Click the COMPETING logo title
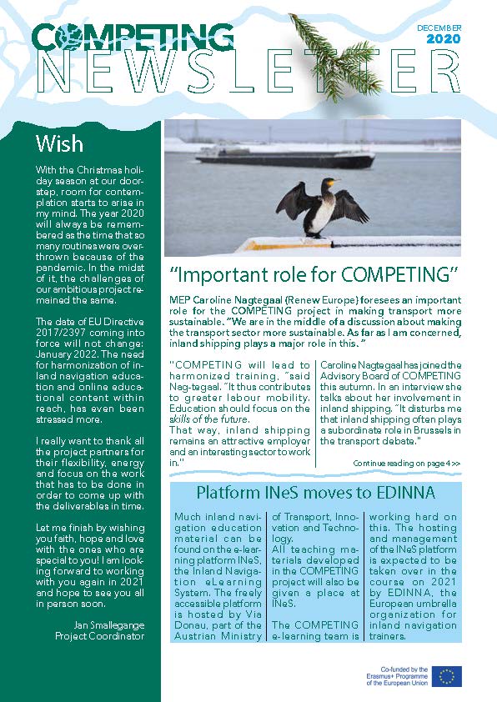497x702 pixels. coord(133,35)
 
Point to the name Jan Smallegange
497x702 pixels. coord(108,625)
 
